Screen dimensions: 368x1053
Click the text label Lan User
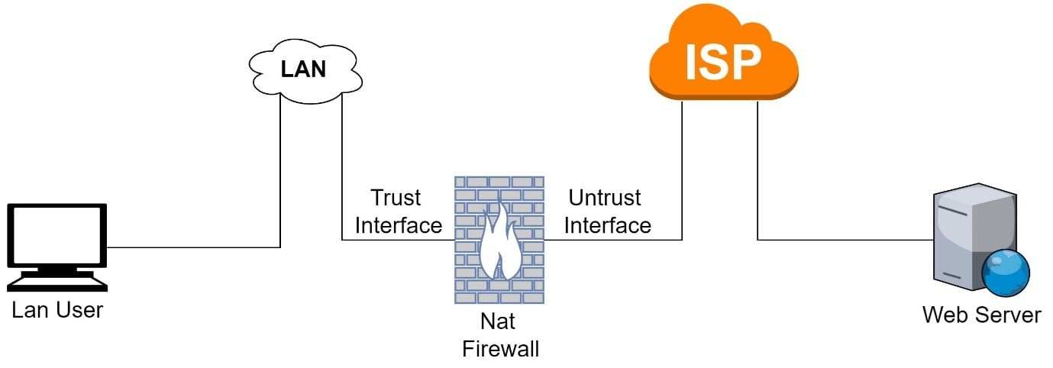[x=57, y=311]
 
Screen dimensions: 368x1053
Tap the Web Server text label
[x=981, y=315]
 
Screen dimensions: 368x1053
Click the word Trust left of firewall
[x=396, y=199]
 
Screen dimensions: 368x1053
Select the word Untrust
[x=605, y=198]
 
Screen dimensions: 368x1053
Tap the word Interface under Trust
[x=399, y=225]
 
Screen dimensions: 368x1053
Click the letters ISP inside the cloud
[x=722, y=63]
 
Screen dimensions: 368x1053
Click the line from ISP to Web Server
[x=840, y=240]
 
